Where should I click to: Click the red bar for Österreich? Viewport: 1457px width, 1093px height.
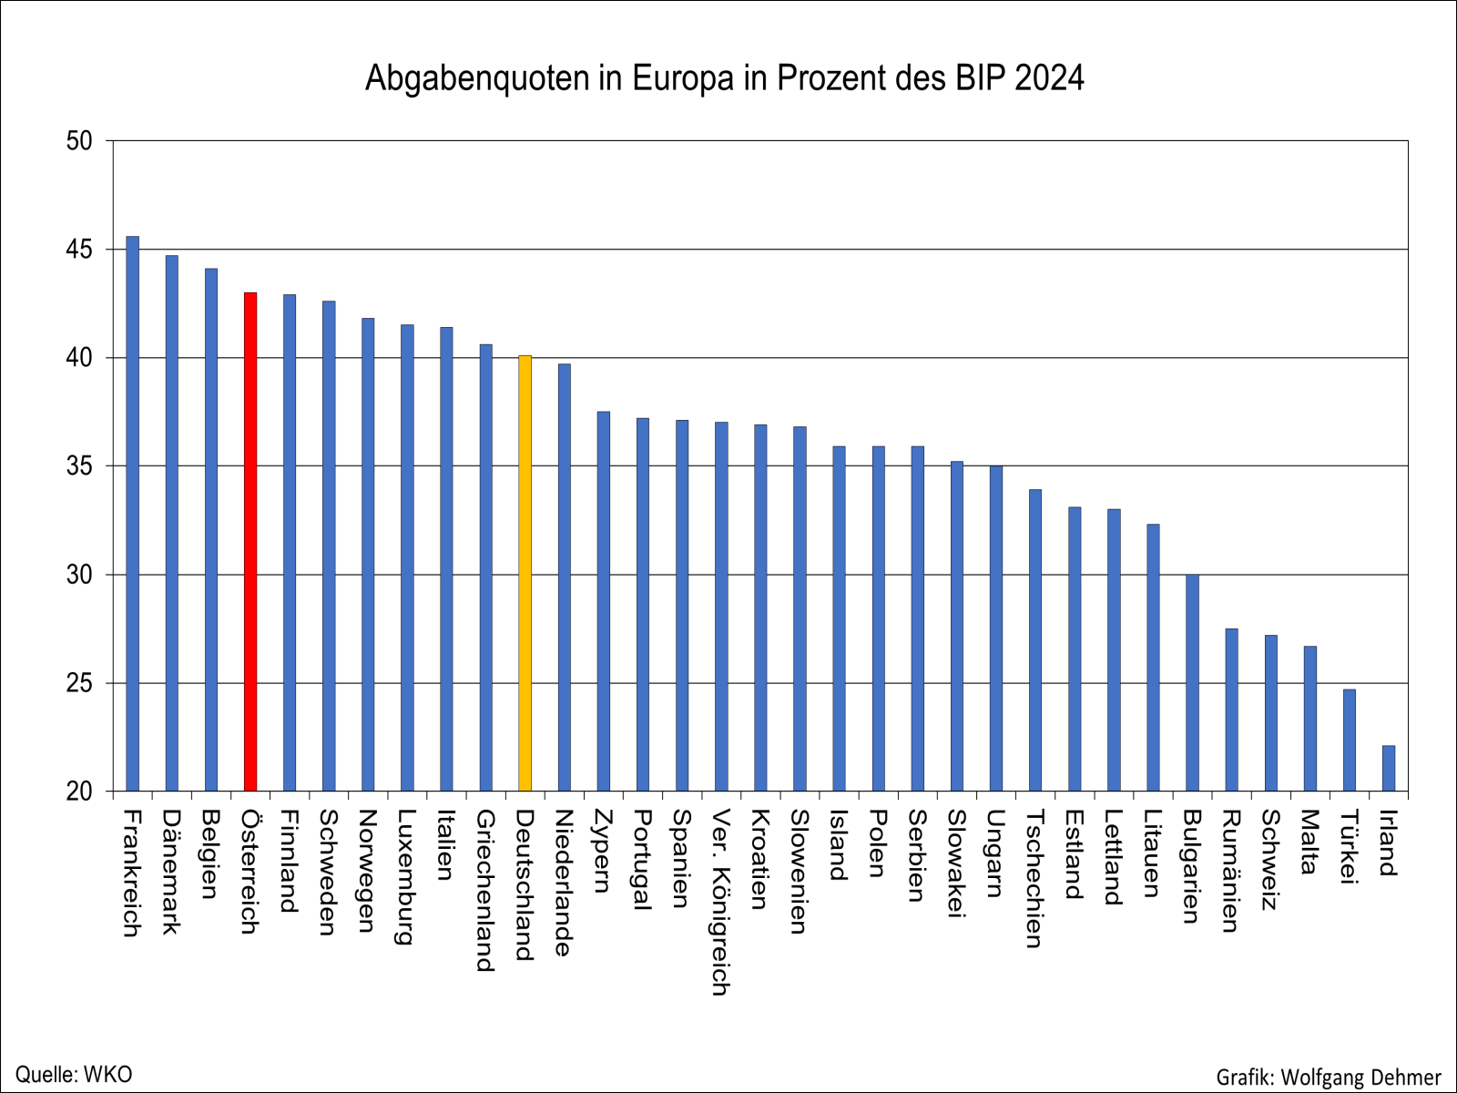pyautogui.click(x=250, y=542)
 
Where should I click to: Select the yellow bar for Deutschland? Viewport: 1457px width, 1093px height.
pyautogui.click(x=525, y=574)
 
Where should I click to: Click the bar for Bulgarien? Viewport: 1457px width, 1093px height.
pyautogui.click(x=1192, y=683)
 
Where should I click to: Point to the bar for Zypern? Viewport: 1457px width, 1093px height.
pyautogui.click(x=604, y=601)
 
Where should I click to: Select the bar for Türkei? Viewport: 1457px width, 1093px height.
pyautogui.click(x=1350, y=740)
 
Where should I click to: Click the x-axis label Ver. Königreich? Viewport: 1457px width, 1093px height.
pyautogui.click(x=720, y=902)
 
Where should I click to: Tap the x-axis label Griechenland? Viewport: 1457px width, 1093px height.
pyautogui.click(x=484, y=890)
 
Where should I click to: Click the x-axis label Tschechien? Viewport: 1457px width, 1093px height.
pyautogui.click(x=1034, y=878)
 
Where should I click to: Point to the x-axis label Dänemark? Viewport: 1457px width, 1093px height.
pyautogui.click(x=171, y=872)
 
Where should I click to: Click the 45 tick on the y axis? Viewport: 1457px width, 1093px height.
pyautogui.click(x=79, y=250)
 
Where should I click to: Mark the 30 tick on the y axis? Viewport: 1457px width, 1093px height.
pyautogui.click(x=79, y=575)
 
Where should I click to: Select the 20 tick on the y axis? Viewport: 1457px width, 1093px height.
pyautogui.click(x=79, y=792)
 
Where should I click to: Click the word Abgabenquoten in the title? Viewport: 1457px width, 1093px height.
pyautogui.click(x=477, y=79)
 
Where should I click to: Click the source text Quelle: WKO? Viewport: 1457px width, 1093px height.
pyautogui.click(x=74, y=1075)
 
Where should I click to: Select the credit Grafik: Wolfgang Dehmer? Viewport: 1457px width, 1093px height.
pyautogui.click(x=1329, y=1078)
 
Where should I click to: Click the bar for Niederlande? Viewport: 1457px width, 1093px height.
pyautogui.click(x=565, y=577)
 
